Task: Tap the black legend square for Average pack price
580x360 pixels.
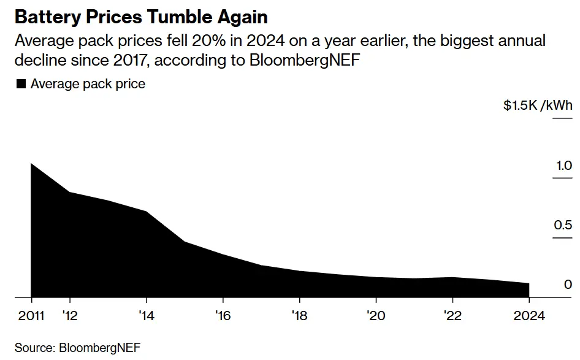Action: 20,84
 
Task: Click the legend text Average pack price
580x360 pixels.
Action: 88,84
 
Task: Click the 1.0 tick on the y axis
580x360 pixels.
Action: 563,166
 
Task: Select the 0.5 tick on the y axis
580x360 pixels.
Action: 563,225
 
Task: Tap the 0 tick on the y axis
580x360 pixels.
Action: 568,285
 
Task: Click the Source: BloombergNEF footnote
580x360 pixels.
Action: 78,348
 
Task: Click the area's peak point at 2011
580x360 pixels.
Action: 31,164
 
